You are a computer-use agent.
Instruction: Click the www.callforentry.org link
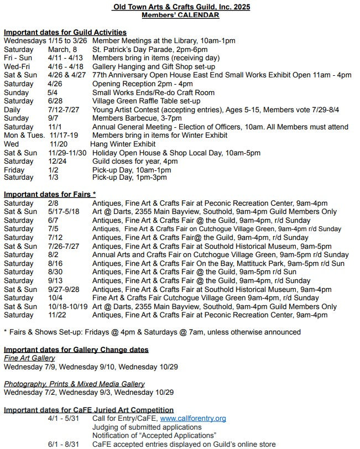tap(192, 419)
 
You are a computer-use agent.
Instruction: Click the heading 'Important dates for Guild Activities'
tap(65, 33)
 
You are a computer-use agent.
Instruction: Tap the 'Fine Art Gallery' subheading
tap(29, 358)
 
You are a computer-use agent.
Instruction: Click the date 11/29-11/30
tap(67, 153)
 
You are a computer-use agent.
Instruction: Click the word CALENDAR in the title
tap(197, 15)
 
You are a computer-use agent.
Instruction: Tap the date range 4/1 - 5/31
tap(64, 419)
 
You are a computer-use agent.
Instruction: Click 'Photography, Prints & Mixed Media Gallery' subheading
tap(74, 384)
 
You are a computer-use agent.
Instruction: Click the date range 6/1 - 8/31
tap(64, 444)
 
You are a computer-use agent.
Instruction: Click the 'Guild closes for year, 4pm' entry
tap(135, 161)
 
